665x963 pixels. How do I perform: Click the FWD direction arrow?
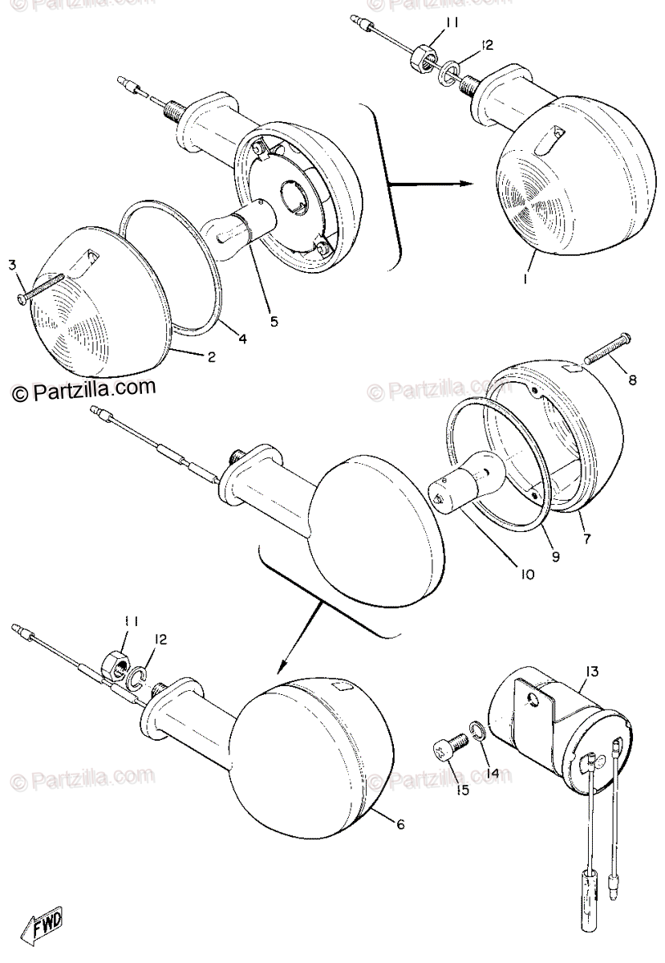[x=43, y=933]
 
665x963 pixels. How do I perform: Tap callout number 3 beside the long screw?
[x=14, y=265]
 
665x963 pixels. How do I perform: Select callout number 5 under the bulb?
[x=274, y=320]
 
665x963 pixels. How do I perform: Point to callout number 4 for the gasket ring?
[x=242, y=339]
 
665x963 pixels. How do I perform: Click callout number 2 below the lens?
[x=211, y=357]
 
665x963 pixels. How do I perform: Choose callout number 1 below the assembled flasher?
[x=525, y=278]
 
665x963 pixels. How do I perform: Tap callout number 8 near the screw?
[x=632, y=380]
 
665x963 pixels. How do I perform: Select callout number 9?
[x=555, y=557]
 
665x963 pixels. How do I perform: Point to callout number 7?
[x=586, y=538]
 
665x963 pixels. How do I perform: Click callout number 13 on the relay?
[x=592, y=671]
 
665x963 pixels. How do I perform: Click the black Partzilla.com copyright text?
[x=83, y=389]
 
